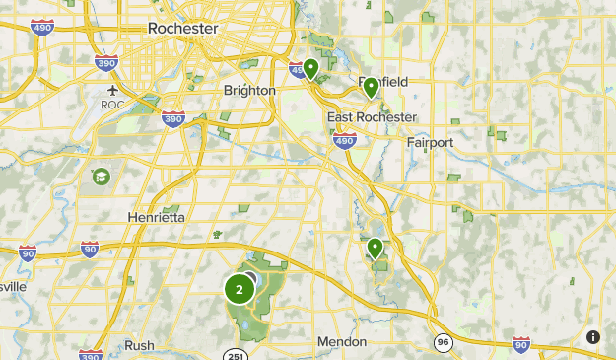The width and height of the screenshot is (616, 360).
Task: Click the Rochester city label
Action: [x=182, y=29]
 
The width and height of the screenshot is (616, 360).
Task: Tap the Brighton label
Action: [x=249, y=90]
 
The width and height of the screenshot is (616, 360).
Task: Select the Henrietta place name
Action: [x=156, y=217]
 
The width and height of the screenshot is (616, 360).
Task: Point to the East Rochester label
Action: [x=372, y=117]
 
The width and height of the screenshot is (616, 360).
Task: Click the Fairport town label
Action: [x=430, y=142]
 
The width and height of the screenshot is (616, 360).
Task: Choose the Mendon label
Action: [x=342, y=342]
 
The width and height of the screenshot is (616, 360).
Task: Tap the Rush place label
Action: [x=139, y=345]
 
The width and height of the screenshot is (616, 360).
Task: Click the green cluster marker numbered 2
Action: [x=239, y=290]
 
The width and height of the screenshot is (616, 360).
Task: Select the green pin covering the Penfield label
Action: [x=371, y=88]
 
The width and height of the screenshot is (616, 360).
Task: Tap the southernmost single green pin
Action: [x=376, y=249]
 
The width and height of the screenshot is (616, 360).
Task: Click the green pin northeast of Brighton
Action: [x=310, y=68]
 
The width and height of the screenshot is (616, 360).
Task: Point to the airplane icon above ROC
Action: [x=111, y=86]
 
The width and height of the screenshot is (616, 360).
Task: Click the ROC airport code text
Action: [x=111, y=103]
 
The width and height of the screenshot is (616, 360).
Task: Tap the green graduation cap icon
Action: [x=100, y=177]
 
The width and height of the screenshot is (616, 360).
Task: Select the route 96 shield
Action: [x=444, y=341]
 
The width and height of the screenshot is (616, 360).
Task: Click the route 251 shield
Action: [x=235, y=355]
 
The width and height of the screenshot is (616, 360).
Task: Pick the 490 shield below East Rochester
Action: [x=344, y=142]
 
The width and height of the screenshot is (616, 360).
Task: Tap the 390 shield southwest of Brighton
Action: [x=173, y=119]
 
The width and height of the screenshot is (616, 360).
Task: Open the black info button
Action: [x=592, y=337]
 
